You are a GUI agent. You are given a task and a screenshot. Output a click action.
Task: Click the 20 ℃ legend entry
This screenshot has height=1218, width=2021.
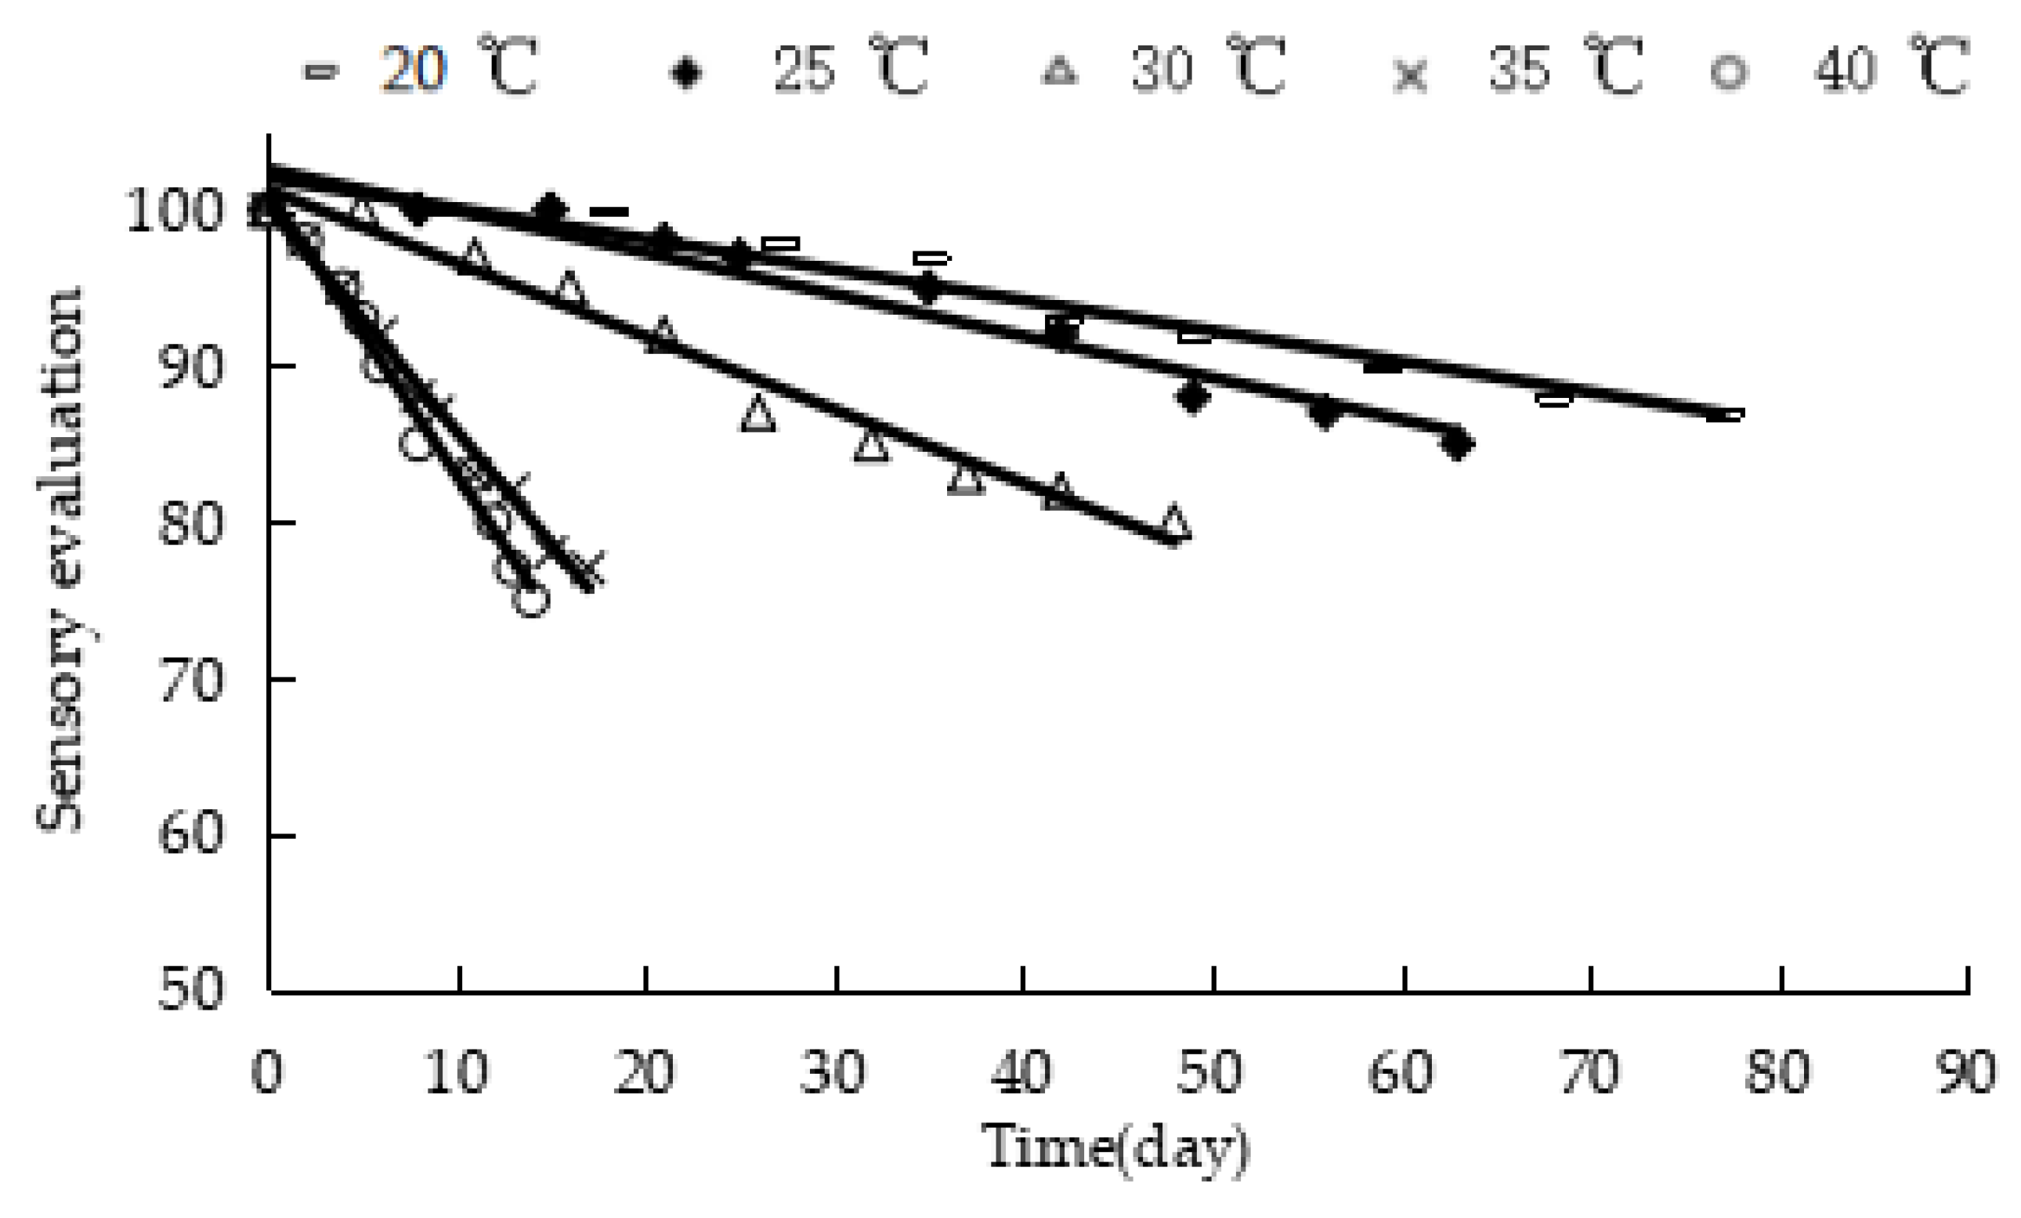[418, 70]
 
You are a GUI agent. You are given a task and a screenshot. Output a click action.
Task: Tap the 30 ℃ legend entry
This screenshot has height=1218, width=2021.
[1165, 70]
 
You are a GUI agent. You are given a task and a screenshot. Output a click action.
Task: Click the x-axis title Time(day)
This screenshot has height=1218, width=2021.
[1115, 1147]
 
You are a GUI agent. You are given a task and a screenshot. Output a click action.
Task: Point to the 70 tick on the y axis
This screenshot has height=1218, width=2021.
[190, 680]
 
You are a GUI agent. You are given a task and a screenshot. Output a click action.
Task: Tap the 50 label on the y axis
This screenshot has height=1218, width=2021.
[190, 989]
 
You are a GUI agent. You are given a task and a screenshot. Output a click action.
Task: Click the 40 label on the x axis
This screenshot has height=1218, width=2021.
[1022, 1072]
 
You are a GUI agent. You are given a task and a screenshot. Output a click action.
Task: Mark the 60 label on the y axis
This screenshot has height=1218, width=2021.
[190, 836]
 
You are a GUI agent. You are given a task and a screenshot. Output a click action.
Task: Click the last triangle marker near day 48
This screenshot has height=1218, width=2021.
[1174, 523]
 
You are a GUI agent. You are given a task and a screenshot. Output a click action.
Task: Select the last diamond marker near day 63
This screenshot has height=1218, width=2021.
[1457, 444]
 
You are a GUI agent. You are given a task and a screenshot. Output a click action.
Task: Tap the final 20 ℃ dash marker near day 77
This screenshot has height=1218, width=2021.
[1725, 415]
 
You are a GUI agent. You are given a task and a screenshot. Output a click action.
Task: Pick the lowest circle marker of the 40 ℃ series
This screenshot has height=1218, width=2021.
[532, 599]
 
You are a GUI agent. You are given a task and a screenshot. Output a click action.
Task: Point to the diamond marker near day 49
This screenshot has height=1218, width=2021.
[1192, 398]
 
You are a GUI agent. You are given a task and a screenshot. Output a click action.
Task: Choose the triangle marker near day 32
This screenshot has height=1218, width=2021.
[871, 446]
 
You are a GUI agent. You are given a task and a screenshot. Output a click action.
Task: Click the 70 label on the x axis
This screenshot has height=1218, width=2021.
[1589, 1072]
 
